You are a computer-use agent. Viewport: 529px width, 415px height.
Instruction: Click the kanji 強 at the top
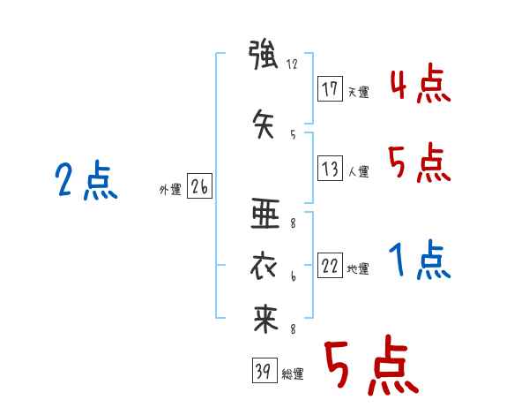(x=263, y=55)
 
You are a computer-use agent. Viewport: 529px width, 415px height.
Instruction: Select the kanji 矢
(x=264, y=124)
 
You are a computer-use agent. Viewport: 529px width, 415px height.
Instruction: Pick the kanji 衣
(x=264, y=267)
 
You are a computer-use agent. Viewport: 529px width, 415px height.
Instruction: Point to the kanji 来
(x=265, y=319)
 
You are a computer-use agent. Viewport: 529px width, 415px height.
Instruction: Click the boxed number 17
(x=330, y=88)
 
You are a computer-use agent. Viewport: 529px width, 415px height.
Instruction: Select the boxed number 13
(x=330, y=168)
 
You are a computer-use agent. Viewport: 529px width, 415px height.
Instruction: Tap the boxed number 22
(x=330, y=265)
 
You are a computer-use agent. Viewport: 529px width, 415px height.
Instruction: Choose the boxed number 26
(x=199, y=185)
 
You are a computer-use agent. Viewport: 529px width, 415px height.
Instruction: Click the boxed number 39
(x=264, y=370)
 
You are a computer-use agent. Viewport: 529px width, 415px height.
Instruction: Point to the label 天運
(x=358, y=92)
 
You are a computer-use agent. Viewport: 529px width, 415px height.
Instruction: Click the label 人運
(x=359, y=171)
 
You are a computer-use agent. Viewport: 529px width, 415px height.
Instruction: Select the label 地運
(x=358, y=268)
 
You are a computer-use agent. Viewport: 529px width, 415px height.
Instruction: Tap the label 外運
(x=170, y=189)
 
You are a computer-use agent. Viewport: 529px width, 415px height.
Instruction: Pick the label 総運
(x=293, y=373)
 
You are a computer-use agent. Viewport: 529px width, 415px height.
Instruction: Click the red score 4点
(x=421, y=83)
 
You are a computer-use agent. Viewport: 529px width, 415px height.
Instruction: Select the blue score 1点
(x=420, y=260)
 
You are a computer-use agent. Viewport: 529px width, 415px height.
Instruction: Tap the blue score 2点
(x=86, y=179)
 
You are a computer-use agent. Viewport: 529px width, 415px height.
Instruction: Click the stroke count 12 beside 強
(x=292, y=64)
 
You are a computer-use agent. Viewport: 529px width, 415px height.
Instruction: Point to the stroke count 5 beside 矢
(x=293, y=135)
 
